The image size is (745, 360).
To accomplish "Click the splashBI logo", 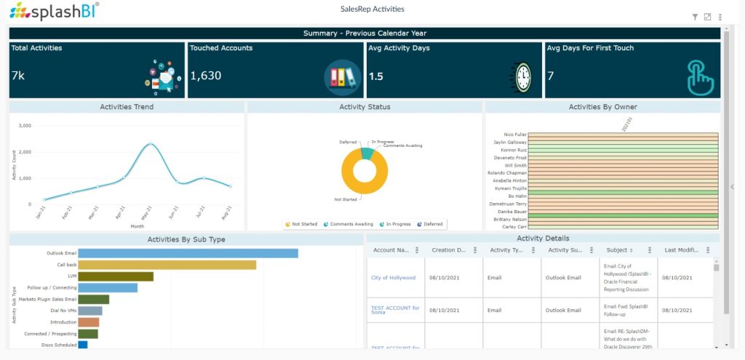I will [55, 12].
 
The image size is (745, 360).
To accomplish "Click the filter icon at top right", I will [695, 17].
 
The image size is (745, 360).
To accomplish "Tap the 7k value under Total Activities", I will [18, 76].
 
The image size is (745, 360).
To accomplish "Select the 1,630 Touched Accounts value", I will [206, 76].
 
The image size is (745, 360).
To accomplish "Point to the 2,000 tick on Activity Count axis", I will [24, 152].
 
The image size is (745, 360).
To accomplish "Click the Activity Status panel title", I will [364, 107].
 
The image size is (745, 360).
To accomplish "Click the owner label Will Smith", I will [516, 165].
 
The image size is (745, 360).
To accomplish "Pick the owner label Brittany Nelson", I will [509, 219].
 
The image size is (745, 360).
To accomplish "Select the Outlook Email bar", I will [188, 253].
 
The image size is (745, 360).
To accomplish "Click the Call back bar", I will [167, 265].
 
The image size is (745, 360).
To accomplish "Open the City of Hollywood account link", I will [393, 278].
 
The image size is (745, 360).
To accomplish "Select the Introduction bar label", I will [63, 322].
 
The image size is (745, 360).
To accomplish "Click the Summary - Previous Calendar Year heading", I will [364, 33].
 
